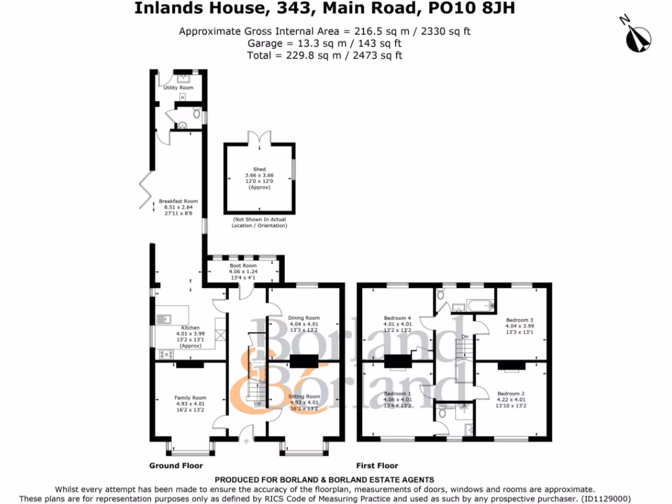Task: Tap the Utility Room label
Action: point(178,87)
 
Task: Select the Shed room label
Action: point(259,169)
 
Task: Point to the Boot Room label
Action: point(243,266)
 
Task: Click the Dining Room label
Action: point(304,318)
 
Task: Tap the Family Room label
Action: point(190,398)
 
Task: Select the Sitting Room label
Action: point(304,397)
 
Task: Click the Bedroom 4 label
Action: point(398,318)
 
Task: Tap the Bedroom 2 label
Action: point(511,394)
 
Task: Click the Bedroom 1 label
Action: point(398,394)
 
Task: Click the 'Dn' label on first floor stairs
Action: point(465,337)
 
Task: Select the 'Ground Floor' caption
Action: point(176,465)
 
